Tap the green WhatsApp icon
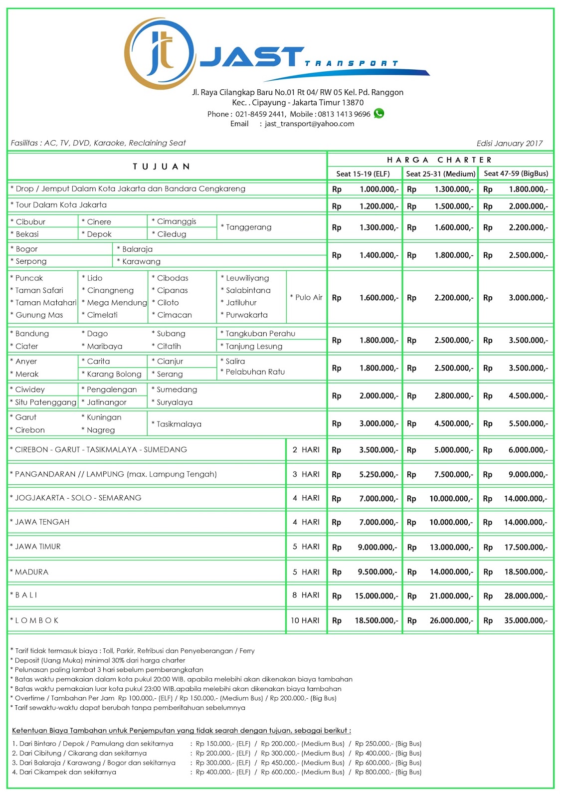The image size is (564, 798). point(379,113)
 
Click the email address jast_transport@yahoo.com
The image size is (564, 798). point(309,124)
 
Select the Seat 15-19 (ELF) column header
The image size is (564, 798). point(363,174)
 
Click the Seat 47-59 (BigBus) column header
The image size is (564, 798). point(516,174)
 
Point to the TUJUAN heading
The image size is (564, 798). point(161,167)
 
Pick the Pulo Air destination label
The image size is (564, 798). point(306,297)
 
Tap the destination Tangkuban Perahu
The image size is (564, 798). point(260,334)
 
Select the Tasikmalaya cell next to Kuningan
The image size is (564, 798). point(179,424)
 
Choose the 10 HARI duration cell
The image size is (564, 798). point(305,620)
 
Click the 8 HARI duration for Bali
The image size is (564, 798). point(306,595)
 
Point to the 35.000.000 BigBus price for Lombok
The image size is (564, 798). point(526,621)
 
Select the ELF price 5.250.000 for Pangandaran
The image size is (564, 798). point(378,475)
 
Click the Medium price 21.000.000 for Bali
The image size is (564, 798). point(451,596)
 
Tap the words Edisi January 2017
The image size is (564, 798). point(509,143)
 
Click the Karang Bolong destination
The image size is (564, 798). point(114,374)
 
